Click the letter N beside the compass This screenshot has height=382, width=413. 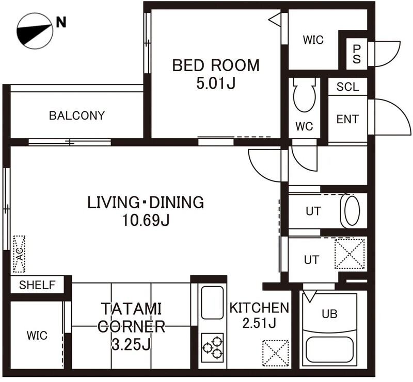click(61, 22)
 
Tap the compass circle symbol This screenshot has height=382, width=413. click(35, 31)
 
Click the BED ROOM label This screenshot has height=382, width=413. click(216, 65)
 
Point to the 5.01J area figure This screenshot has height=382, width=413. click(216, 84)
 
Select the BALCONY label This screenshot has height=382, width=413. click(77, 116)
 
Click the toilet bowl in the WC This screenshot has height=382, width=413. click(304, 95)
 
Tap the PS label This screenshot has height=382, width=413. click(356, 54)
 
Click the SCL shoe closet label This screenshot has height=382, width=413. click(347, 87)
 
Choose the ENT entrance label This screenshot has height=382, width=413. click(347, 119)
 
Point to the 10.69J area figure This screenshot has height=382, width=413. click(146, 221)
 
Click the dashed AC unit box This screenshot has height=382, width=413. click(19, 254)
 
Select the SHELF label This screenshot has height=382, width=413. click(37, 285)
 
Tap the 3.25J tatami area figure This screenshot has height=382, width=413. click(131, 344)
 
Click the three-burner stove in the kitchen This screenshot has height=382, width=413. click(212, 347)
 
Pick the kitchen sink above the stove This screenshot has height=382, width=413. click(212, 303)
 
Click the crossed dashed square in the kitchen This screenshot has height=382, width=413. click(276, 353)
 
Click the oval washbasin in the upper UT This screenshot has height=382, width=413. click(352, 211)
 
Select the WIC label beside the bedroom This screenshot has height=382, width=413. click(313, 40)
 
